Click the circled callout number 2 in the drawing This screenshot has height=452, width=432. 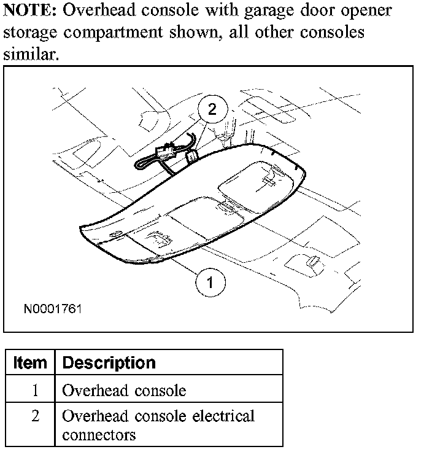pyautogui.click(x=212, y=110)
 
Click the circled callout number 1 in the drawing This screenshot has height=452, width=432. pyautogui.click(x=210, y=282)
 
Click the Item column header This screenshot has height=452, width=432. pyautogui.click(x=29, y=362)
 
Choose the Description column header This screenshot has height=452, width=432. pyautogui.click(x=109, y=362)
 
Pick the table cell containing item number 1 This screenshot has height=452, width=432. pyautogui.click(x=34, y=390)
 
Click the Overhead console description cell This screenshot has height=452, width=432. pyautogui.click(x=124, y=390)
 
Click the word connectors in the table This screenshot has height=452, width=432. pyautogui.click(x=99, y=435)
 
